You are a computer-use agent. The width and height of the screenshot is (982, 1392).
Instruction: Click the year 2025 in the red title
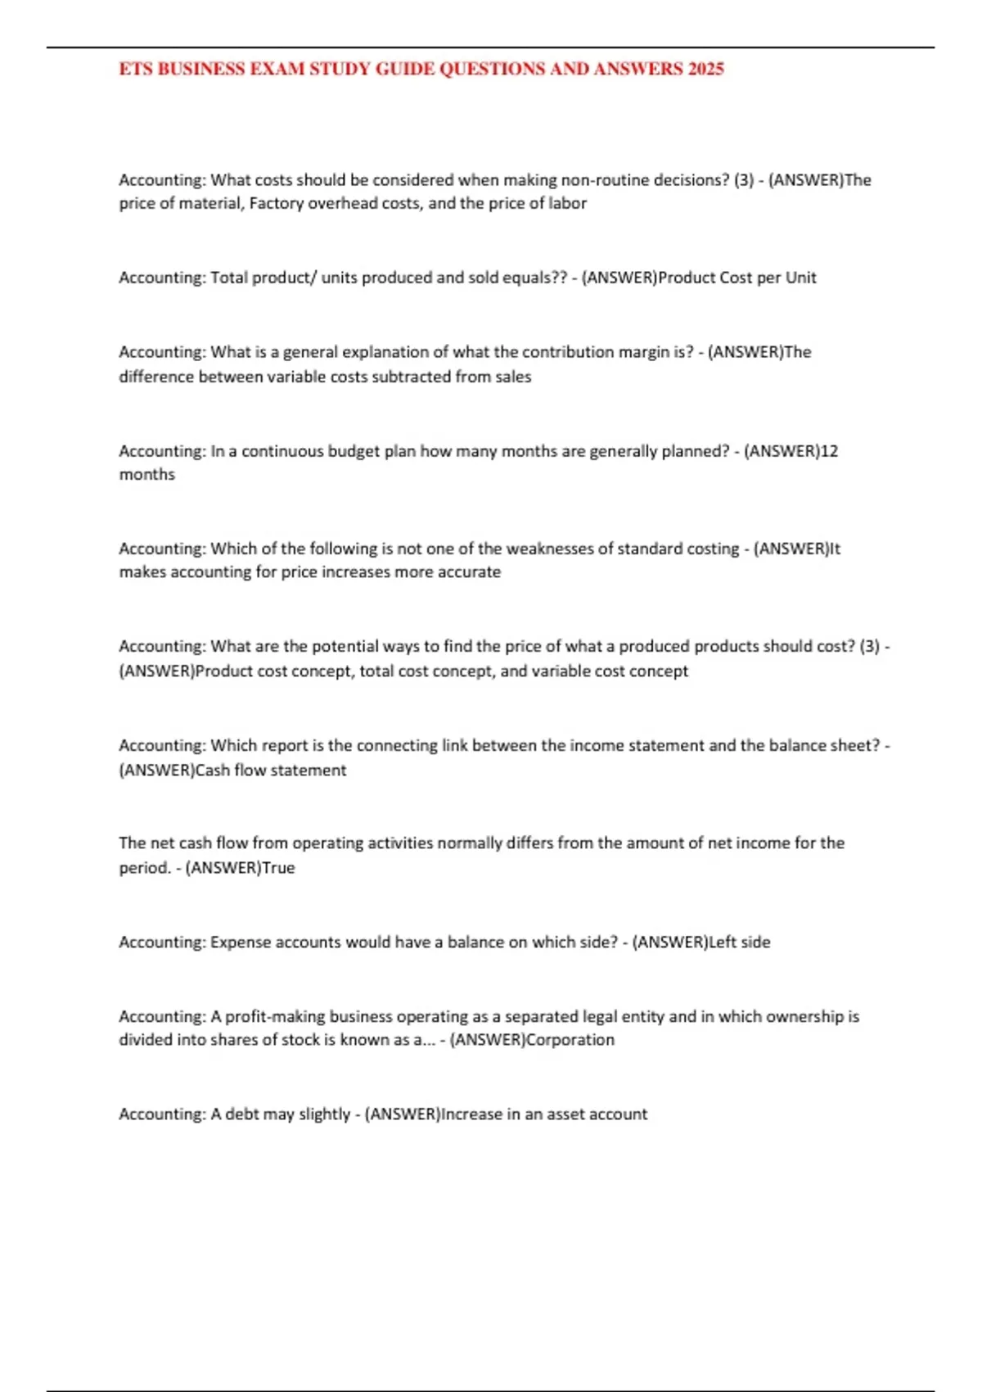tap(705, 69)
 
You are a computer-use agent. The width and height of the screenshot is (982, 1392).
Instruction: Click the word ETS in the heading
tap(136, 69)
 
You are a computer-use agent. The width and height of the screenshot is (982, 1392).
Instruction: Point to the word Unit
tap(800, 278)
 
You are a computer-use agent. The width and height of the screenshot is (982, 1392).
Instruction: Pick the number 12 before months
tap(829, 451)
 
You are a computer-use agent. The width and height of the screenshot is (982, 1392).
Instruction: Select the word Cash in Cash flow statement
tap(213, 770)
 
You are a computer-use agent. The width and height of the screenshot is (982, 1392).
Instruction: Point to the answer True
tap(278, 868)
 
